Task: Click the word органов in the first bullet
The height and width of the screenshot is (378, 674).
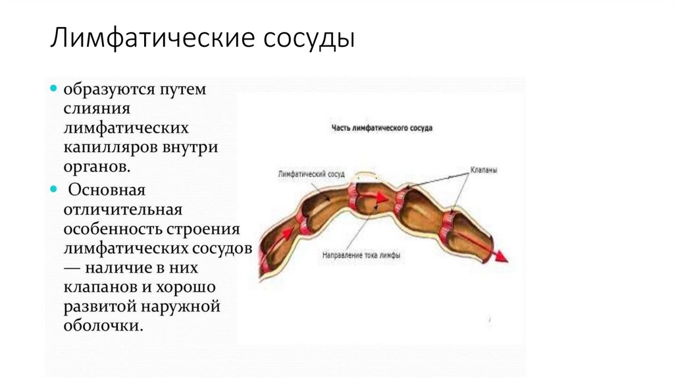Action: click(95, 167)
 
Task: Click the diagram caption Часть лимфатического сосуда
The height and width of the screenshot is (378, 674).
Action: click(381, 128)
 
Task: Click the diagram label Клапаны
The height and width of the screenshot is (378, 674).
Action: click(483, 170)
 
